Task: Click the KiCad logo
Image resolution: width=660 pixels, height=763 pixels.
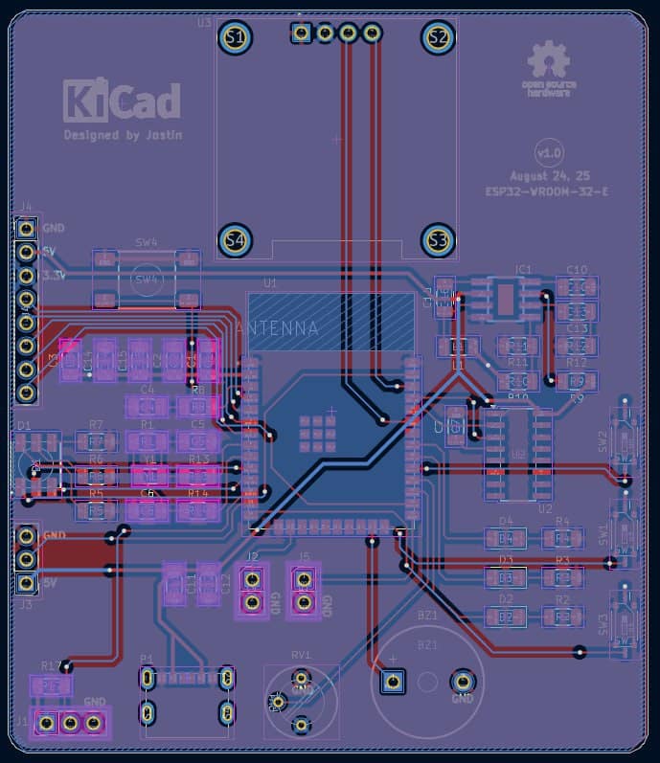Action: coord(122,101)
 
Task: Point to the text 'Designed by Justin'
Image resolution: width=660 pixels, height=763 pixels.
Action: coord(123,135)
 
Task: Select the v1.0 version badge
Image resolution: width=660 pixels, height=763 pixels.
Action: coord(550,153)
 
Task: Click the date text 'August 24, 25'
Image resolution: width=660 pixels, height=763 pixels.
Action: coord(550,177)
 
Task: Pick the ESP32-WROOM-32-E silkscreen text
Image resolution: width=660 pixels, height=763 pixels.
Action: coord(546,191)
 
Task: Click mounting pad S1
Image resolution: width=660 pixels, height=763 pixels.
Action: coord(233,37)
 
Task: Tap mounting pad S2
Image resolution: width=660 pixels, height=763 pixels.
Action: coord(438,37)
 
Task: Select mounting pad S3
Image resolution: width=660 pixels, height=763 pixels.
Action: coord(438,239)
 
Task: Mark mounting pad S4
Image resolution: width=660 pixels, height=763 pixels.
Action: coord(233,239)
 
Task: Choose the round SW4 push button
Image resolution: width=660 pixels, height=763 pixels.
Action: coord(147,279)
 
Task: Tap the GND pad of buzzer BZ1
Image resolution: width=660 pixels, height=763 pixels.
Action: coord(462,682)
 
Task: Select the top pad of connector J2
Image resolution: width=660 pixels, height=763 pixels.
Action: coord(252,579)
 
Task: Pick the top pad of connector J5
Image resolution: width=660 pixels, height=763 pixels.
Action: coord(305,579)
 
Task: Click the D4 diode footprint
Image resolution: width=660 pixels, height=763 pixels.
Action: coord(506,538)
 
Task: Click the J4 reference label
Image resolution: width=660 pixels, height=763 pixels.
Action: coord(25,207)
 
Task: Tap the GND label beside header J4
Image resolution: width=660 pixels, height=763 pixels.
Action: coord(54,228)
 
